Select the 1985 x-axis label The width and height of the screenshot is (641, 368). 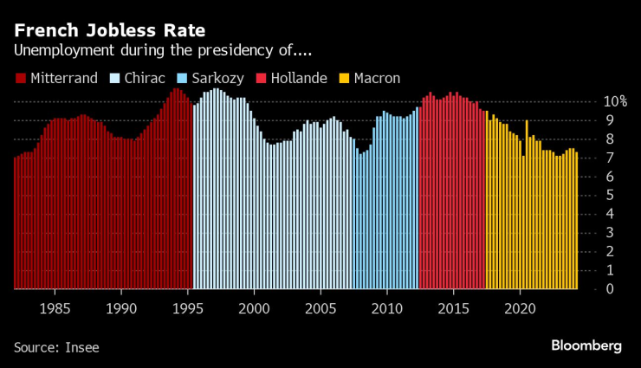click(x=55, y=308)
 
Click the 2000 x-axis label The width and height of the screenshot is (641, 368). click(x=254, y=308)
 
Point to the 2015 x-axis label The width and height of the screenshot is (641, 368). click(x=453, y=308)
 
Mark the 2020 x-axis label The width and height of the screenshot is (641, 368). click(x=520, y=308)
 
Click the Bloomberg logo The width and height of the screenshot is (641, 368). click(x=586, y=345)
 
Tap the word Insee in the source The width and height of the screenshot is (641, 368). click(x=82, y=347)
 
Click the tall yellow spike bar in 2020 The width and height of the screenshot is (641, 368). click(x=527, y=204)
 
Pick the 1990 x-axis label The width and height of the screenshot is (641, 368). click(x=121, y=308)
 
